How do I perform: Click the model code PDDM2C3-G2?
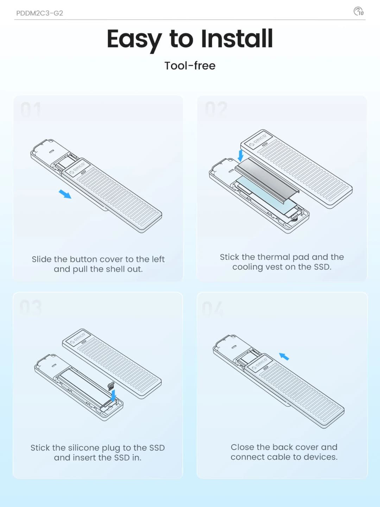click(x=39, y=13)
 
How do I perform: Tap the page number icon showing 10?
click(x=358, y=11)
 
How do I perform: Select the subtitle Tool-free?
click(x=190, y=65)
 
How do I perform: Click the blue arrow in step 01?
click(x=65, y=194)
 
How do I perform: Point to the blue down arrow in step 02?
click(x=241, y=155)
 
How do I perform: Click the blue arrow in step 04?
click(x=284, y=356)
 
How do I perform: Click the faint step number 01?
click(x=31, y=109)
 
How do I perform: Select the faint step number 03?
click(x=31, y=307)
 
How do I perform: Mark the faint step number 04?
click(x=213, y=308)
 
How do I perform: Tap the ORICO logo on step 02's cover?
click(x=258, y=140)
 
